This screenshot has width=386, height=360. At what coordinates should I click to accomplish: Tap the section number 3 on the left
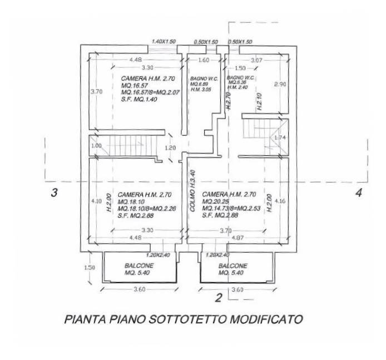(54, 194)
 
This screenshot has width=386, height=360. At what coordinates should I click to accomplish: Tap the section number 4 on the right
(358, 193)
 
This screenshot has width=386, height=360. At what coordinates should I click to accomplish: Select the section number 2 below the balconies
(219, 298)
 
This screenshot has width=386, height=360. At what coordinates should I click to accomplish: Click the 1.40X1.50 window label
(164, 42)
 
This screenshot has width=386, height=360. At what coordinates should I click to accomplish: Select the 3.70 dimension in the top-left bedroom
(97, 92)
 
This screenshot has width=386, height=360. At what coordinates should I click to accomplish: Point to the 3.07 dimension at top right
(256, 59)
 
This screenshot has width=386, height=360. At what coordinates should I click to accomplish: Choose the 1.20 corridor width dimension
(171, 148)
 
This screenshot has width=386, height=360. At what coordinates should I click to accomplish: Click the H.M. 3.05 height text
(199, 89)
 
